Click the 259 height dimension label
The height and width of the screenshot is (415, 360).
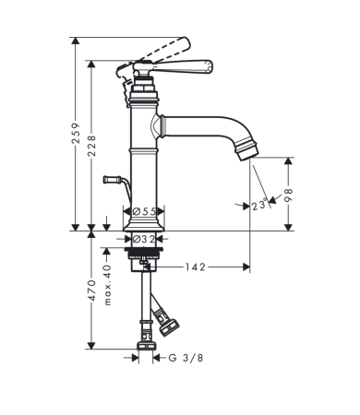pyautogui.click(x=76, y=133)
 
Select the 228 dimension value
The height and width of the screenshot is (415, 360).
pyautogui.click(x=91, y=146)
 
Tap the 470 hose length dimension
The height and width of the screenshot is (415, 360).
pyautogui.click(x=91, y=290)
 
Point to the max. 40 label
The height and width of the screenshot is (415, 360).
pyautogui.click(x=107, y=285)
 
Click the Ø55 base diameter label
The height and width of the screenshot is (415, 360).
pyautogui.click(x=144, y=211)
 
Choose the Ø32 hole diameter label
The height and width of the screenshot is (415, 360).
pyautogui.click(x=144, y=239)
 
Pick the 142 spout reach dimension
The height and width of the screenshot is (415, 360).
pyautogui.click(x=195, y=267)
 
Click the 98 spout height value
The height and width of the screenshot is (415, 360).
pyautogui.click(x=288, y=195)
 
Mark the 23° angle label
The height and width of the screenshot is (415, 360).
pyautogui.click(x=258, y=205)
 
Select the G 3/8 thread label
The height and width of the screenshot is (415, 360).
pyautogui.click(x=186, y=358)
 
